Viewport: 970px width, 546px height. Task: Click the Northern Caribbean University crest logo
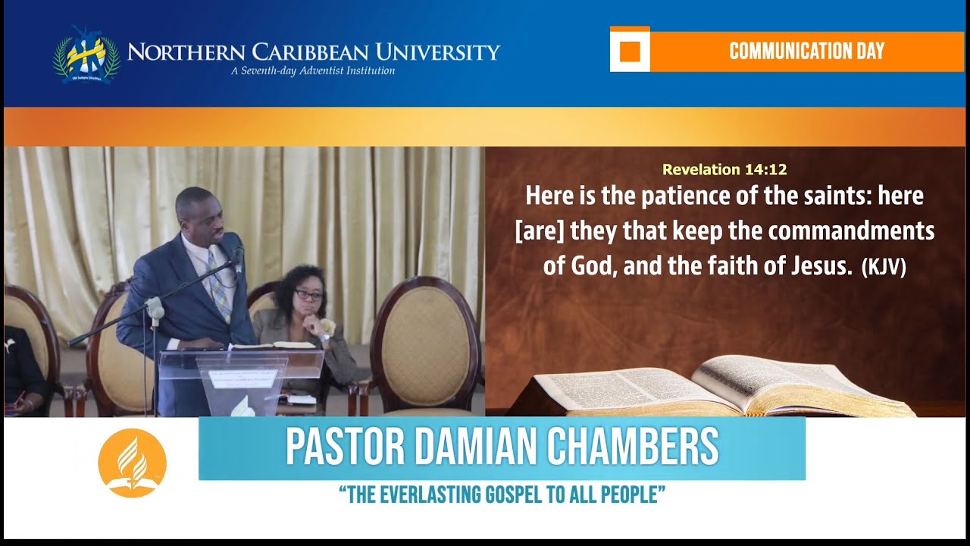(x=85, y=55)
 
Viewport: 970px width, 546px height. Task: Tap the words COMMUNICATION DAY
(x=806, y=52)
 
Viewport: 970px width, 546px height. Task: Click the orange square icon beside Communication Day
(x=630, y=52)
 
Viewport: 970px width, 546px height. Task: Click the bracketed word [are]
(x=540, y=231)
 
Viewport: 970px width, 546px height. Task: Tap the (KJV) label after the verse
(x=884, y=268)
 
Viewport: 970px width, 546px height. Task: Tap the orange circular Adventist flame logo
(x=132, y=463)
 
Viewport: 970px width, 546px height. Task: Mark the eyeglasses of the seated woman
(x=308, y=295)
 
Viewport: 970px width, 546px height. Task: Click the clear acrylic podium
(x=240, y=379)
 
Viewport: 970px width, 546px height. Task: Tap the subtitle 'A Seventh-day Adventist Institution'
(x=313, y=71)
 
